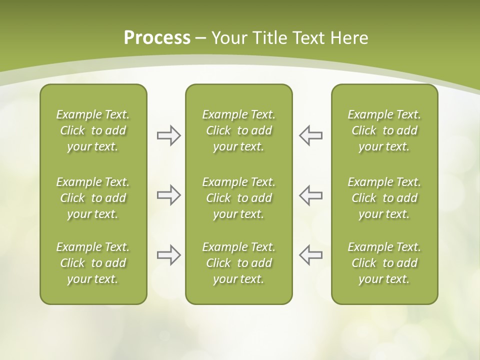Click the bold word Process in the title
[157, 38]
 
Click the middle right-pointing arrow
[168, 195]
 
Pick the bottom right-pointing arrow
[168, 255]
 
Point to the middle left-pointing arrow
[310, 195]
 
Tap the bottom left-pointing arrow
[310, 255]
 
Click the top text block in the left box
[93, 130]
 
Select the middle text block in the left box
[93, 198]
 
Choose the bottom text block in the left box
[93, 263]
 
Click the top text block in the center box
[238, 130]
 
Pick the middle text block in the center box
[238, 198]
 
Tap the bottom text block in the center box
[238, 263]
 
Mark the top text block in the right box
[384, 130]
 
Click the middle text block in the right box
[384, 198]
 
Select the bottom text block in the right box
[384, 263]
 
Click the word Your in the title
[227, 38]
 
